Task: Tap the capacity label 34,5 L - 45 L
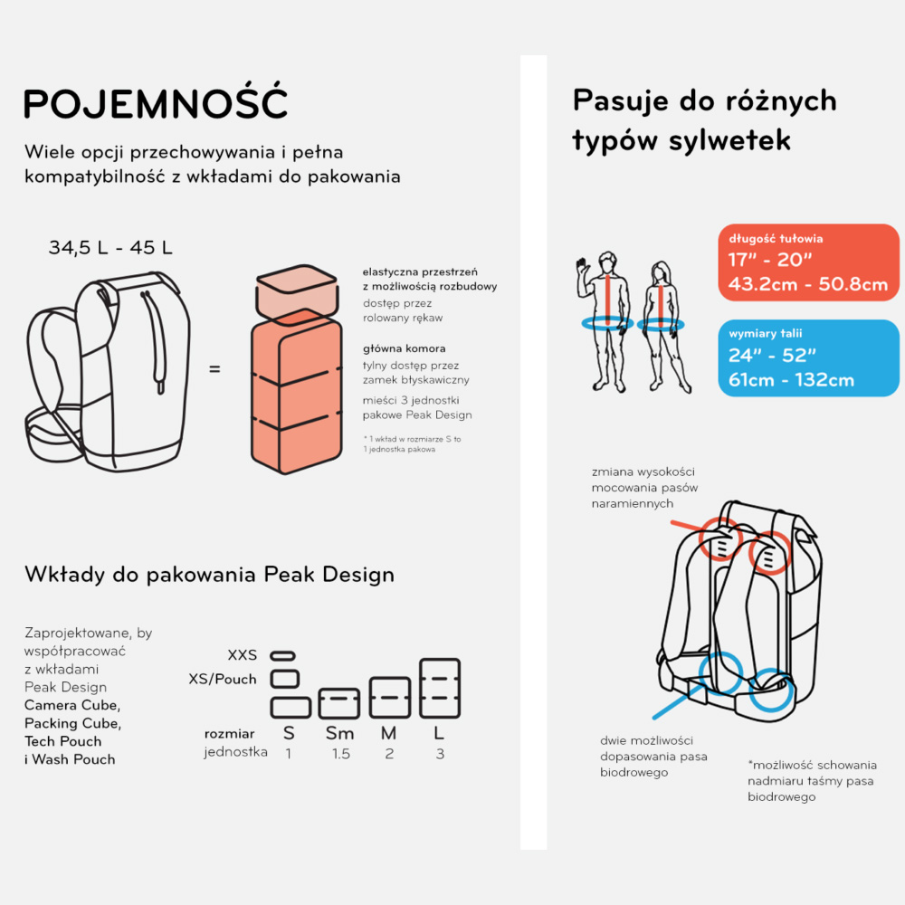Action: [x=110, y=248]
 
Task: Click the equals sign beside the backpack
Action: [x=214, y=369]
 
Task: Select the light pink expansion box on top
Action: [x=297, y=291]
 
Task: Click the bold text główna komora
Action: [x=404, y=348]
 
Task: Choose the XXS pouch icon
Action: [x=282, y=655]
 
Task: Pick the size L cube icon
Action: [x=440, y=688]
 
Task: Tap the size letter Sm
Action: [x=340, y=733]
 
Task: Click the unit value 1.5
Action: [x=340, y=754]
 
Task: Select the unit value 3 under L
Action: [x=440, y=754]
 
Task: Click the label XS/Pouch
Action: [x=223, y=680]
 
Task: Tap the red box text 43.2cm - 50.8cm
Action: [x=808, y=284]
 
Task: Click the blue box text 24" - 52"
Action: [x=772, y=355]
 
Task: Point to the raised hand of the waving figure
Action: [x=582, y=267]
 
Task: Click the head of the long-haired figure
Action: [x=661, y=272]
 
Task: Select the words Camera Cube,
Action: [x=72, y=705]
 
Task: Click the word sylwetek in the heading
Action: [x=729, y=139]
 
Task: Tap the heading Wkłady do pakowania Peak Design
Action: [x=210, y=575]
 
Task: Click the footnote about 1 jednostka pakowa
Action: [x=412, y=443]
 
